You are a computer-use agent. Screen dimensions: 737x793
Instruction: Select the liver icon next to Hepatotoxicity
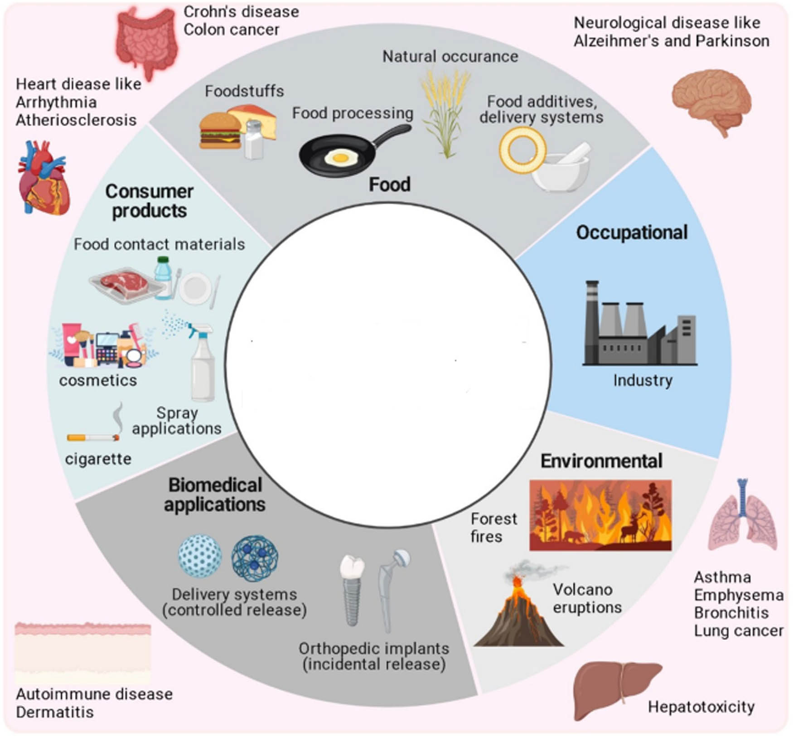[x=614, y=689]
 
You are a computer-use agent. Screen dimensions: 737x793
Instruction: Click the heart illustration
[x=44, y=179]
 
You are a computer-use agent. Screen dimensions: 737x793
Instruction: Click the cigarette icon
[x=93, y=437]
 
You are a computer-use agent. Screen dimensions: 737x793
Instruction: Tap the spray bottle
[x=202, y=363]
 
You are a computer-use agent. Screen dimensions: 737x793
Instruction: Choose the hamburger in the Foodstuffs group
[x=220, y=131]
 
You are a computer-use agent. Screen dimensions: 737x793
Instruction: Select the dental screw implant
[x=353, y=589]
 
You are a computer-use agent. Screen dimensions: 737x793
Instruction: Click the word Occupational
[x=632, y=233]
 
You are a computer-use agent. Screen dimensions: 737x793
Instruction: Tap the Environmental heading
[x=601, y=461]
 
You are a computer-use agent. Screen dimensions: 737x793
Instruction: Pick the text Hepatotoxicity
[x=701, y=707]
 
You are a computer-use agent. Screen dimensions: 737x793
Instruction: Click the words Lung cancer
[x=739, y=630]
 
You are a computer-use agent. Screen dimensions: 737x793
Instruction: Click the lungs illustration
[x=742, y=517]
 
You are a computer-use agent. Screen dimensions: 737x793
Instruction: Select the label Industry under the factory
[x=643, y=380]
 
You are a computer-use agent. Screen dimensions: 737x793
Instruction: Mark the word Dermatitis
[x=55, y=712]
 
